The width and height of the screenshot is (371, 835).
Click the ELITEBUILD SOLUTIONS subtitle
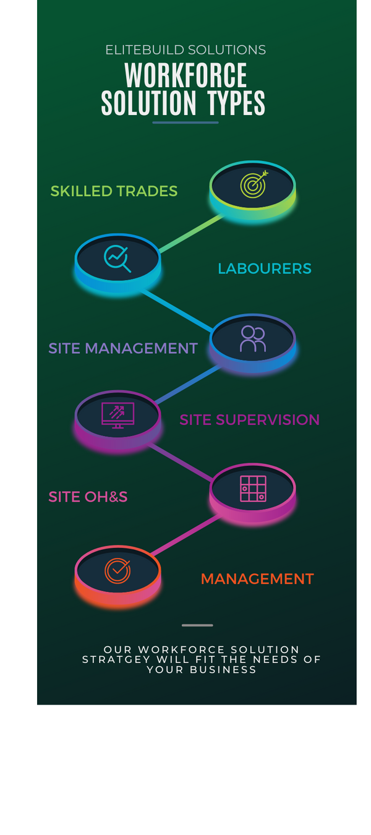point(185,49)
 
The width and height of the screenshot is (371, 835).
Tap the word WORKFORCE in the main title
point(185,75)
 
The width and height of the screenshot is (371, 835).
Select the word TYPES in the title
point(236,103)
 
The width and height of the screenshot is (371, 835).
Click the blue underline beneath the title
point(185,122)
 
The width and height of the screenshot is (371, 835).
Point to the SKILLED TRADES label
point(114,191)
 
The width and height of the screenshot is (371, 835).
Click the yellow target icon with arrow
point(254,184)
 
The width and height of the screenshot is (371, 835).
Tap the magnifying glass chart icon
point(117,259)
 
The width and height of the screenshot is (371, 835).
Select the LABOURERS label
point(265,268)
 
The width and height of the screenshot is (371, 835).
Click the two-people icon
point(252,339)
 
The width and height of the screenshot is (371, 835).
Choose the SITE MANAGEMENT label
point(122,348)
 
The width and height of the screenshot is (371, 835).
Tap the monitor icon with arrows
point(117,415)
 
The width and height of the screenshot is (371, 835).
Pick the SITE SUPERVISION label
point(249,420)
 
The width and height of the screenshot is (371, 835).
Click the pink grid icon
point(253,489)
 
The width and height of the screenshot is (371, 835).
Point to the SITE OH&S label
point(88,497)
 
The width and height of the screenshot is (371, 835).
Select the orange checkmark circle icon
point(117,570)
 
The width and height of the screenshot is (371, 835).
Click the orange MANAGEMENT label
point(257,579)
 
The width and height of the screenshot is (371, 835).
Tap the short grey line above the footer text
point(197,625)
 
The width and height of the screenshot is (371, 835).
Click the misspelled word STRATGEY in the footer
point(116,659)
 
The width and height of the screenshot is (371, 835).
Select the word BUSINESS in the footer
point(223,669)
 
